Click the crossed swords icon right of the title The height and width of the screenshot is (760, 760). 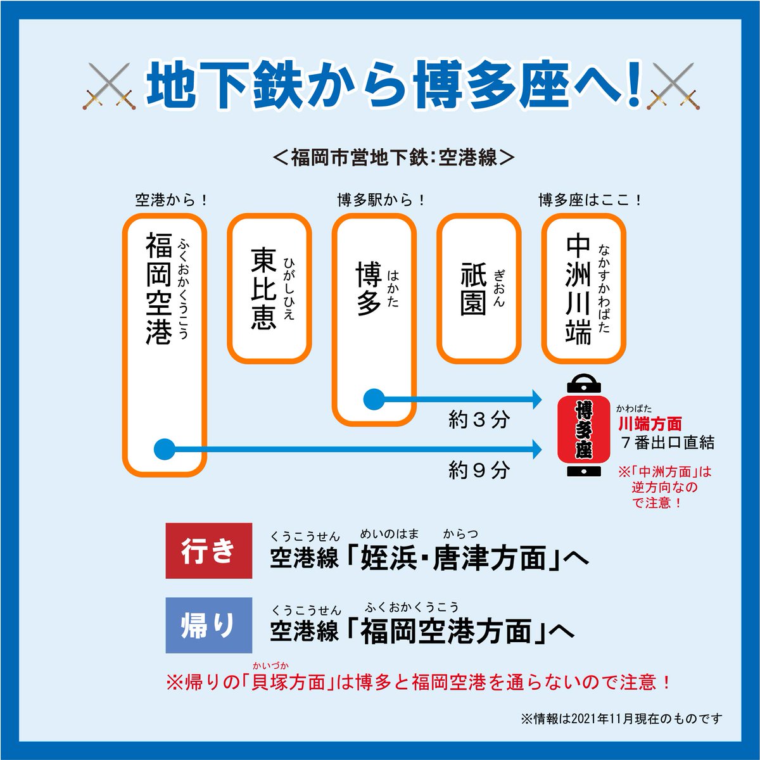click(673, 87)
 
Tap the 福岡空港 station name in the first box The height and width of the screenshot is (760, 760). click(158, 288)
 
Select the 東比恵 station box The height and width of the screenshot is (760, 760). click(269, 288)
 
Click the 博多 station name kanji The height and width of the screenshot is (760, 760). click(367, 288)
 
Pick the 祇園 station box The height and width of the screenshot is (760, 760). click(479, 288)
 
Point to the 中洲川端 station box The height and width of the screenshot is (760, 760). click(583, 288)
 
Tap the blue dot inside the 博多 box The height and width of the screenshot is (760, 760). click(374, 399)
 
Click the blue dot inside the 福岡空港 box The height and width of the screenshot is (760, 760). click(164, 450)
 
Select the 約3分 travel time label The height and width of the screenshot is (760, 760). click(478, 420)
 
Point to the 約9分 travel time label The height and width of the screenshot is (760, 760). click(478, 470)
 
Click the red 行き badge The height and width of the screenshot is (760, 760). click(208, 550)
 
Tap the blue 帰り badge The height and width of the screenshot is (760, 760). click(208, 625)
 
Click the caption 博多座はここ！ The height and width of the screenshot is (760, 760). click(590, 201)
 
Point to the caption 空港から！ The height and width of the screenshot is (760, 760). click(171, 201)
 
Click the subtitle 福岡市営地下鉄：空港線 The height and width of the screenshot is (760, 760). click(393, 157)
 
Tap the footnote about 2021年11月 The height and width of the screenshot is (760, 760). click(621, 719)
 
